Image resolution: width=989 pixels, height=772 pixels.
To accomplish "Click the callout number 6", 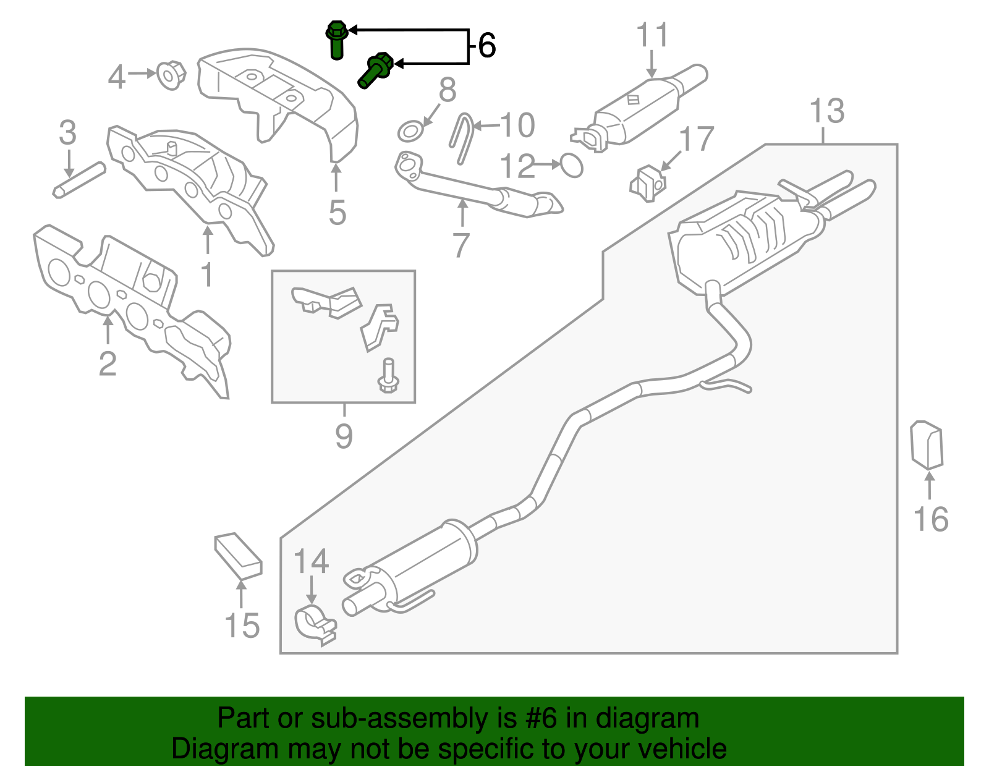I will pos(486,46).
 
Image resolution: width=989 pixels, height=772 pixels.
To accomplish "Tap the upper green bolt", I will pos(336,39).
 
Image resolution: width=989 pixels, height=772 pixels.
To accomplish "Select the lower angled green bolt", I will pos(375,70).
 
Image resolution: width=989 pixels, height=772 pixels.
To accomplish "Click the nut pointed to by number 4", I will pos(171,75).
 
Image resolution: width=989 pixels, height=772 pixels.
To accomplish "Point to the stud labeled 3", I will pos(79,180).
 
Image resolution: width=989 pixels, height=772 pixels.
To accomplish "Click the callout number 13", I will pos(826,111).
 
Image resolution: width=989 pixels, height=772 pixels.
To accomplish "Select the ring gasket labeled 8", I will pos(410,132).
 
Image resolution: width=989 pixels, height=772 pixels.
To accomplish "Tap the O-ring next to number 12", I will pos(572,166).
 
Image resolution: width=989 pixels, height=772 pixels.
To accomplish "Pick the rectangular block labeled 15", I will pos(238,555).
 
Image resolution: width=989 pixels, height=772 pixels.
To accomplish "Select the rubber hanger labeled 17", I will pos(647,183).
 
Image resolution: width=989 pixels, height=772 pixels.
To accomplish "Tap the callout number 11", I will pos(653,35).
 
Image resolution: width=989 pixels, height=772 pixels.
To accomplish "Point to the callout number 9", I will pos(344,436).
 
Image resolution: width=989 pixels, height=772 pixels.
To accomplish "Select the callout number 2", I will pos(108,363).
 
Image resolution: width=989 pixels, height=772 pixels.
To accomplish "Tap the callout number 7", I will pos(461,245).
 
